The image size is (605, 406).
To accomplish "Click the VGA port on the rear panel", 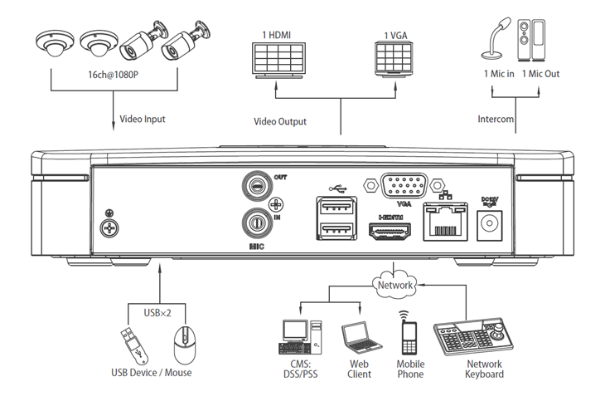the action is [404, 186].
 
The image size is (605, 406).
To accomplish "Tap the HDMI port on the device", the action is [390, 231].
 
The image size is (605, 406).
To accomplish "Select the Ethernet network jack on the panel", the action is [446, 222].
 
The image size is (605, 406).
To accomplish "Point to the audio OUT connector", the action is [257, 186].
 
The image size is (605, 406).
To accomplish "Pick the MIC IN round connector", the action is [256, 223].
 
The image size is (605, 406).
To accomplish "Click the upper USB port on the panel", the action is [336, 206].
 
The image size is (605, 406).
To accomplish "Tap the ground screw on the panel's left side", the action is [109, 228].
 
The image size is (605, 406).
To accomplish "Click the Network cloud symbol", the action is [395, 285].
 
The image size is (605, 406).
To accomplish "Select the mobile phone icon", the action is [409, 334].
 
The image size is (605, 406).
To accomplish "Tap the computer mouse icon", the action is [185, 345].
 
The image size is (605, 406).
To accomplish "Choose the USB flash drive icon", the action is [134, 345].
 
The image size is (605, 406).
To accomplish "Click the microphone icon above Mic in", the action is [496, 38].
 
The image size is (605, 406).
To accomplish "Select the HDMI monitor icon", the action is [278, 61].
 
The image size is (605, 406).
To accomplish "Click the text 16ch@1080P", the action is [113, 75].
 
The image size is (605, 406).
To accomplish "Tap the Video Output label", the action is [280, 121].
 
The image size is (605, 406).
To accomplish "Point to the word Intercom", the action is [496, 119].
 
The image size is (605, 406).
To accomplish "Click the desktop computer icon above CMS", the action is [300, 337].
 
